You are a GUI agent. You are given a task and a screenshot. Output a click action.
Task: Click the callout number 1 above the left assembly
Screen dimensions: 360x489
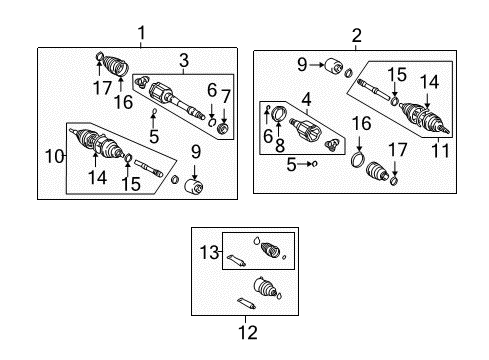pyautogui.click(x=141, y=33)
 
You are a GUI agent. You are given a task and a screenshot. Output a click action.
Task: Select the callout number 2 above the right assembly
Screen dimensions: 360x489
pyautogui.click(x=356, y=35)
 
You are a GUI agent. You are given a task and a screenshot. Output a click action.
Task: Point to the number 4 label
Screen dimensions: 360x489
pyautogui.click(x=307, y=98)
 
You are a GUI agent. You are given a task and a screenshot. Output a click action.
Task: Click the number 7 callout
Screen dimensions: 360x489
pyautogui.click(x=225, y=95)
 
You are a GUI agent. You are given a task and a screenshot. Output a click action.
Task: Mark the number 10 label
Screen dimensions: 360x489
pyautogui.click(x=55, y=155)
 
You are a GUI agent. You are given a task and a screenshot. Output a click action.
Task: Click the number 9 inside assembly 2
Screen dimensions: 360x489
pyautogui.click(x=300, y=65)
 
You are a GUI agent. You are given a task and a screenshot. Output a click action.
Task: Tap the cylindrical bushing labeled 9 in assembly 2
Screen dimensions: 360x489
pyautogui.click(x=326, y=68)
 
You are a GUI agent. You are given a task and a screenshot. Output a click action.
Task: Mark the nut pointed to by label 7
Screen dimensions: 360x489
pyautogui.click(x=224, y=128)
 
